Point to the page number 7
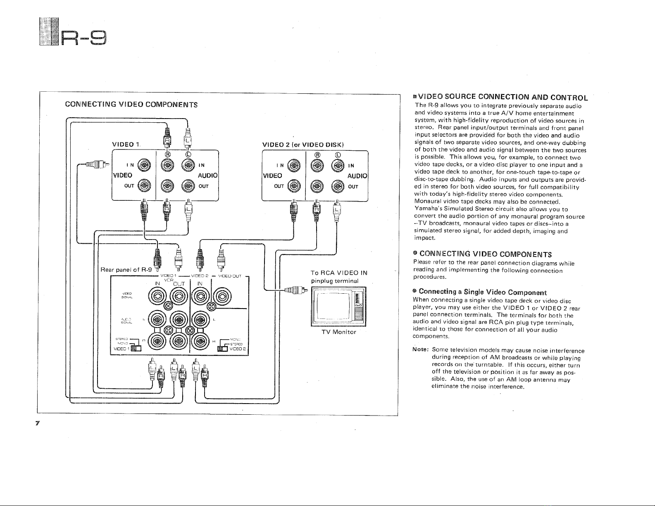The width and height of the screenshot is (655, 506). tap(37, 424)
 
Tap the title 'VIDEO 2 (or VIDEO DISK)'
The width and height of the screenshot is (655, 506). tap(303, 144)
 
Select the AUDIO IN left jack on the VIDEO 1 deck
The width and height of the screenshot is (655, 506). tap(188, 166)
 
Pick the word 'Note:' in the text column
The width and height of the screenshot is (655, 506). tap(421, 351)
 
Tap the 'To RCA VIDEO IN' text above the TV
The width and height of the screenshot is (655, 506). tap(339, 273)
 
